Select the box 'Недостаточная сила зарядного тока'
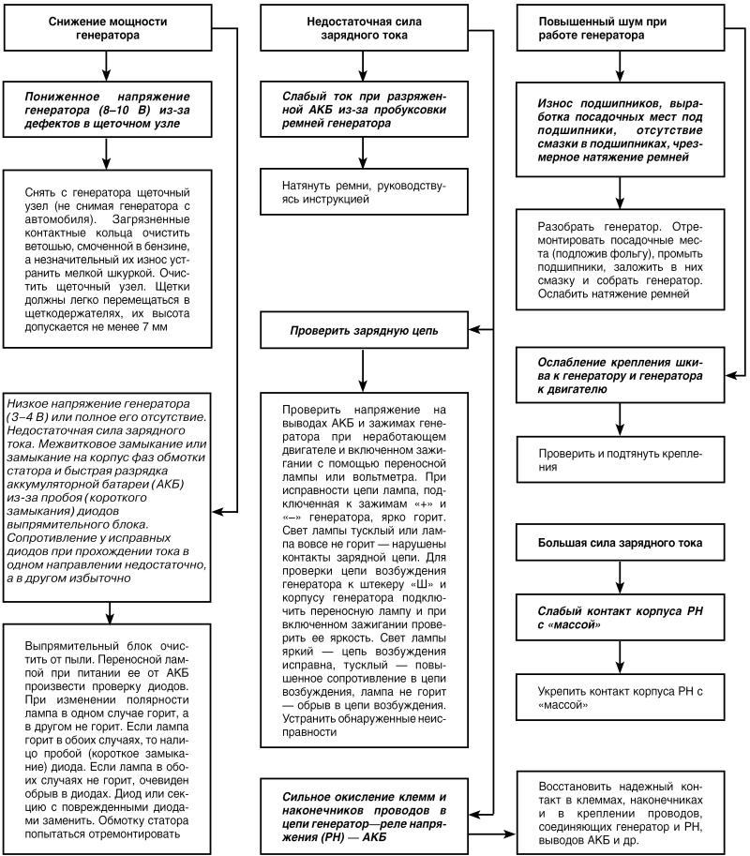click(x=362, y=28)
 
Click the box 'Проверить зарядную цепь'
click(x=362, y=331)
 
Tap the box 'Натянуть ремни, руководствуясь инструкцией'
click(x=362, y=192)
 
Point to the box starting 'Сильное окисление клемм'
click(x=362, y=811)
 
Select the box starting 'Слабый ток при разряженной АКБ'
click(x=362, y=110)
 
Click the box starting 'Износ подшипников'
click(x=620, y=128)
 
